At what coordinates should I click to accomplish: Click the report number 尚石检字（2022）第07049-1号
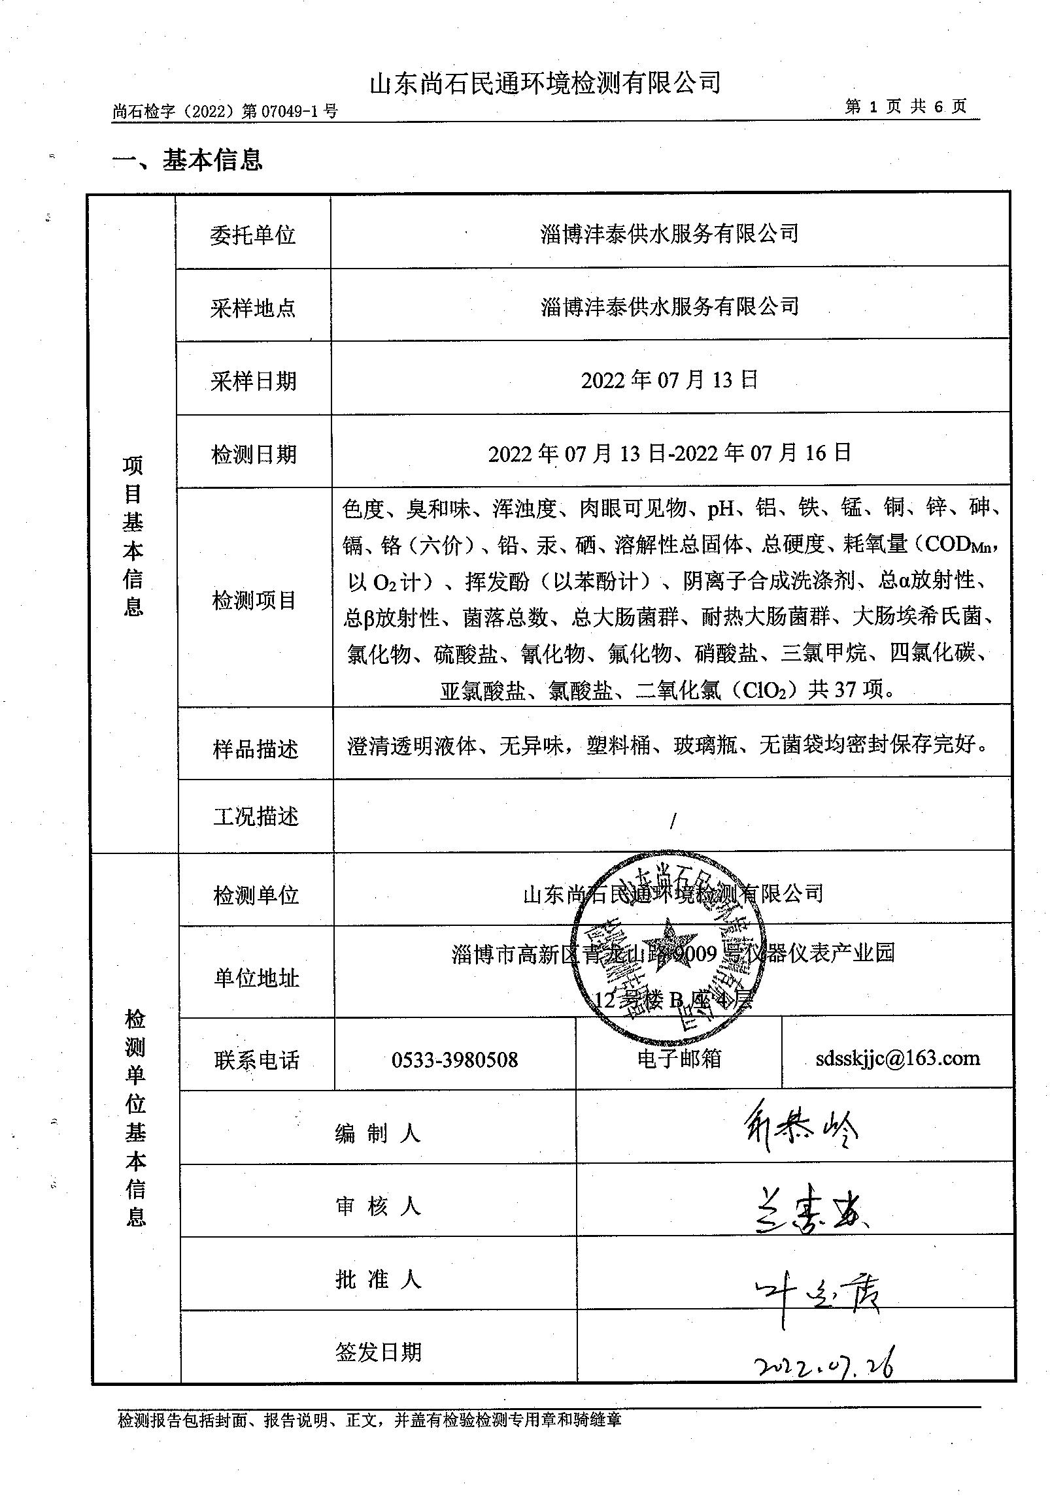tap(225, 112)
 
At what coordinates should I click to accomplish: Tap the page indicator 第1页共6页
tap(906, 107)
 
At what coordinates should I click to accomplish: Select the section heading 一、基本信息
tap(188, 160)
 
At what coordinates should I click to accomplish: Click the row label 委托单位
tap(253, 235)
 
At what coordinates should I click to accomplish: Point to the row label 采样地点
tap(253, 308)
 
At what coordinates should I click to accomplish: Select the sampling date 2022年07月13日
tap(669, 380)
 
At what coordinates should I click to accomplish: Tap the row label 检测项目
tap(254, 600)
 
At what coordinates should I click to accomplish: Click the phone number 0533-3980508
tap(454, 1059)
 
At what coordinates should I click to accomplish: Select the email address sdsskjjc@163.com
tap(898, 1058)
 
